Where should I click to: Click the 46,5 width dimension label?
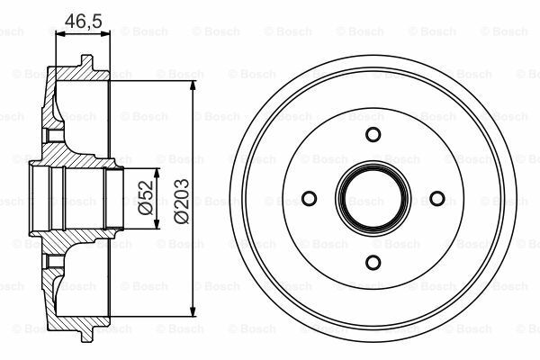click(x=84, y=21)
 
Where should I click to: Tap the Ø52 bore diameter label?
click(x=146, y=197)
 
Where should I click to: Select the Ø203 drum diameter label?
click(x=182, y=201)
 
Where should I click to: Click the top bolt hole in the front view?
click(x=373, y=134)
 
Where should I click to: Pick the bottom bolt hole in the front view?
click(x=373, y=263)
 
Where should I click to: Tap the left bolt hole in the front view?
click(x=309, y=198)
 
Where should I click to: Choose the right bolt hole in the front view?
click(x=437, y=198)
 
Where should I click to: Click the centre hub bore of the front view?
click(x=373, y=198)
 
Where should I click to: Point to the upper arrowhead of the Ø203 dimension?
click(x=193, y=85)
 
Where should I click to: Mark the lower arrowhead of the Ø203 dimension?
click(x=193, y=311)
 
